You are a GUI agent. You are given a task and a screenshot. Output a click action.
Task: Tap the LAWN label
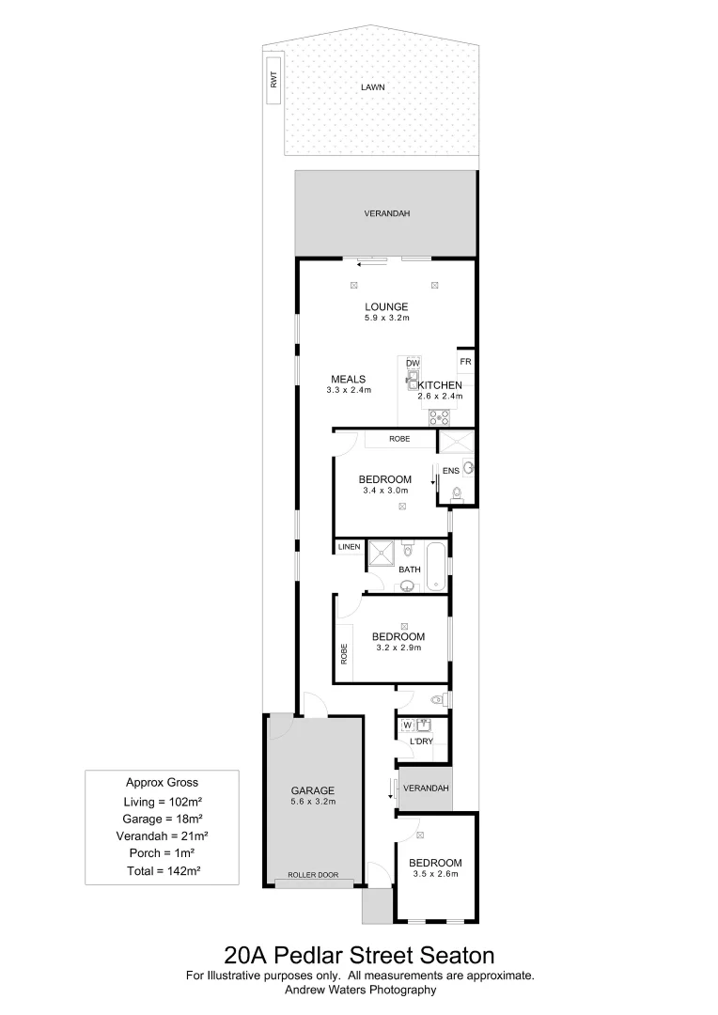(x=373, y=87)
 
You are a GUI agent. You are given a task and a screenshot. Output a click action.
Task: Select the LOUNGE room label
(x=386, y=306)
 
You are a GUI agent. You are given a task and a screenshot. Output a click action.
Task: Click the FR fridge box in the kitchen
(x=464, y=362)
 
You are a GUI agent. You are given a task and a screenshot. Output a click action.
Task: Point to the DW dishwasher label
(x=412, y=364)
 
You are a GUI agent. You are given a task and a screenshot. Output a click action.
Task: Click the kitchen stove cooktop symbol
(x=439, y=416)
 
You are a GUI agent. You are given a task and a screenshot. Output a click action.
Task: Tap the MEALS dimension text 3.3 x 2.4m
(x=349, y=390)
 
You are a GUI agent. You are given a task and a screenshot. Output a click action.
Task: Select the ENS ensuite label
(x=450, y=470)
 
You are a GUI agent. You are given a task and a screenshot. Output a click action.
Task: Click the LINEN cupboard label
(x=350, y=547)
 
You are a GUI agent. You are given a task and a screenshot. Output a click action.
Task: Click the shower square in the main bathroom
(x=382, y=554)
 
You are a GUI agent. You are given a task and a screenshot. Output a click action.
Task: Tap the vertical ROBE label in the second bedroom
(x=345, y=654)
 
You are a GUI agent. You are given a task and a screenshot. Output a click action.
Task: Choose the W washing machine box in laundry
(x=408, y=725)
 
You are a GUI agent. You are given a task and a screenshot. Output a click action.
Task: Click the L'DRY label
(x=420, y=742)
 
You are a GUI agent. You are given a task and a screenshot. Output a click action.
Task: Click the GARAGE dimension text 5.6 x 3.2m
(x=313, y=802)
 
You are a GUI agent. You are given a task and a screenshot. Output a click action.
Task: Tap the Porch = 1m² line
(x=163, y=852)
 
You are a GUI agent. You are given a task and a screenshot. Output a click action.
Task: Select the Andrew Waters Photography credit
(x=360, y=989)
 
